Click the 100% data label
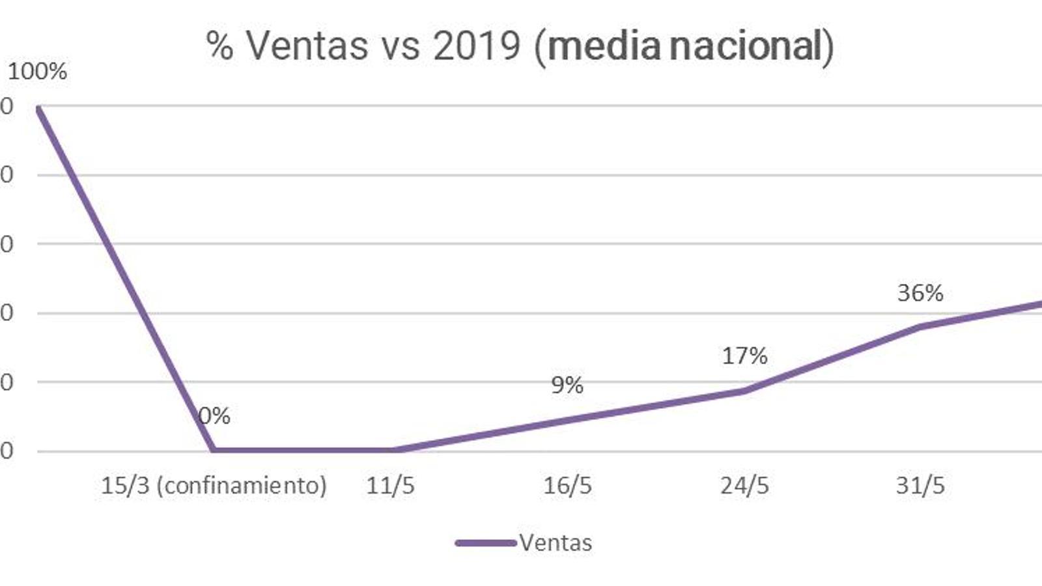point(37,71)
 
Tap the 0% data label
point(214,415)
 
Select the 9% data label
point(567,385)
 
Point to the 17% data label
point(744,356)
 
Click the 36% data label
point(920,293)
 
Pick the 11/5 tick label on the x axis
point(390,486)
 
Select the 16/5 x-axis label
point(567,486)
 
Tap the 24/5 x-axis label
point(744,486)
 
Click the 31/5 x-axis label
point(920,486)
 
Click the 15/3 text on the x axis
point(125,486)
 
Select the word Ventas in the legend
point(556,542)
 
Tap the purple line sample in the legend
point(485,542)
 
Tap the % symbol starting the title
point(220,46)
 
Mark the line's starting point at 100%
point(38,107)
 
